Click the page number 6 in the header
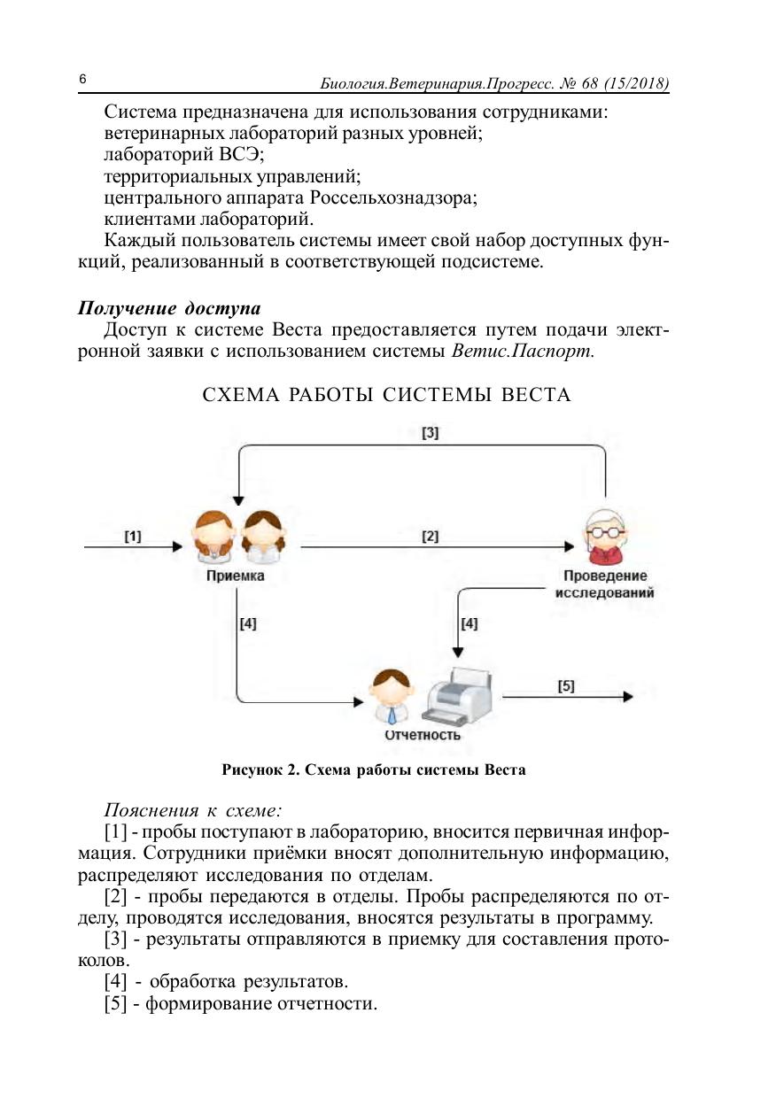[81, 81]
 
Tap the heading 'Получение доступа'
[169, 308]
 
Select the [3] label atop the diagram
[431, 433]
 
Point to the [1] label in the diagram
[133, 536]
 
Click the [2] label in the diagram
[431, 536]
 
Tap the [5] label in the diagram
[566, 685]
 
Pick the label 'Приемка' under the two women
[235, 576]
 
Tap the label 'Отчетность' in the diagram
[422, 735]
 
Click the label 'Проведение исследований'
[604, 584]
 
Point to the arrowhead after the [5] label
[628, 697]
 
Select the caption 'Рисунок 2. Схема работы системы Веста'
[373, 769]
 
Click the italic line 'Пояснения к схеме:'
[193, 810]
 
